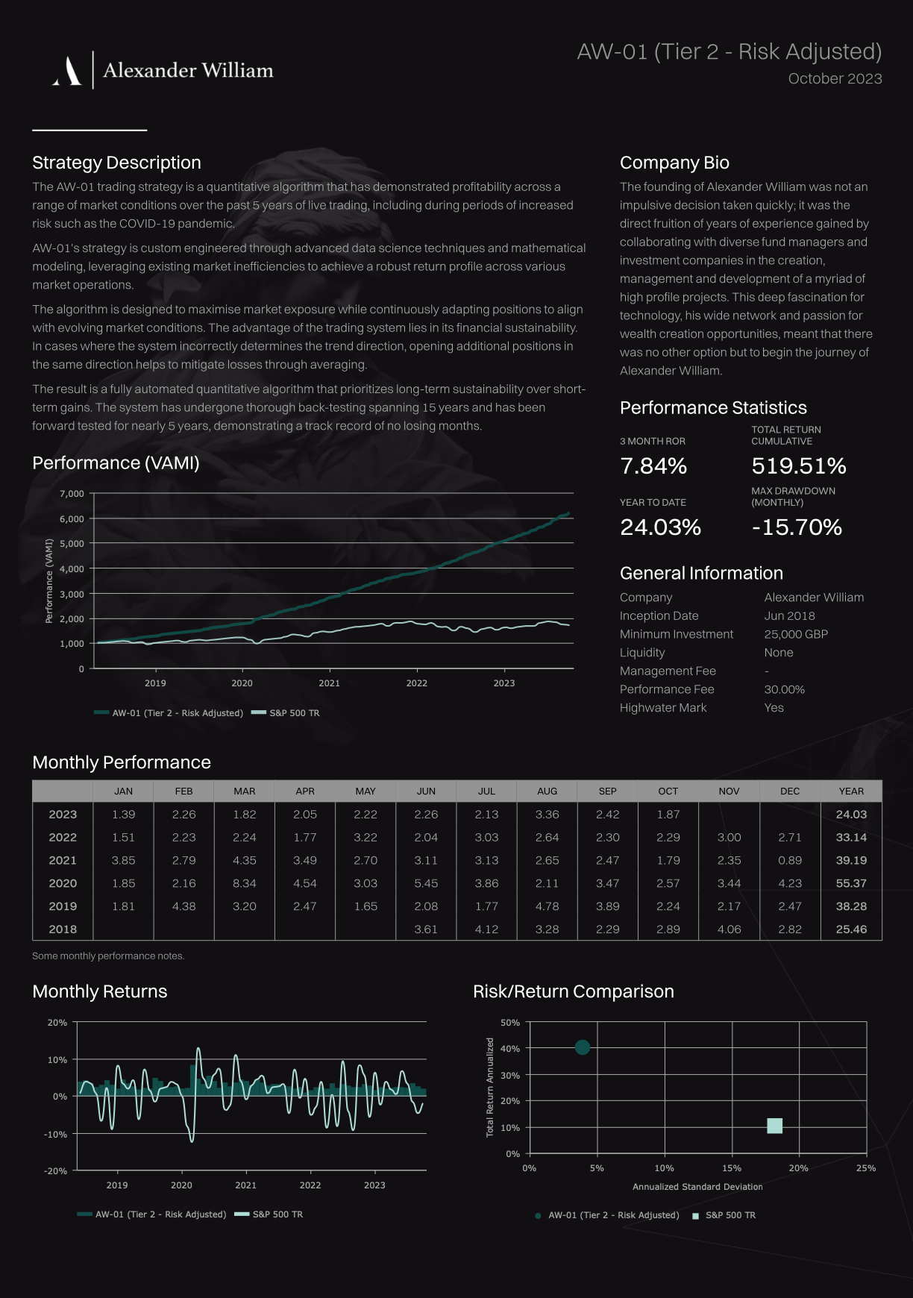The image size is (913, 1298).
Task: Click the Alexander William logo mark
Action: click(67, 71)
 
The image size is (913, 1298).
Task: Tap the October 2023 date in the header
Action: click(835, 79)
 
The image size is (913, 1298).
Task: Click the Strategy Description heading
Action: click(116, 163)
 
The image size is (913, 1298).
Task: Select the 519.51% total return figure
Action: click(799, 466)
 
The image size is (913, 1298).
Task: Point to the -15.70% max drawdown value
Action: click(797, 527)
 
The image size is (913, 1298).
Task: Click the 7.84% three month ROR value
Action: click(653, 466)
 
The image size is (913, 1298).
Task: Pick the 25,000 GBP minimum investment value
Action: click(796, 634)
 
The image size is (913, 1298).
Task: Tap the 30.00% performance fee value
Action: click(784, 689)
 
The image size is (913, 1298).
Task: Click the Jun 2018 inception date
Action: click(789, 615)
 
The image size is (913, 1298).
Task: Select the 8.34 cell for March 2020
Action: click(245, 883)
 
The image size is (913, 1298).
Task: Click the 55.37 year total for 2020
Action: click(851, 883)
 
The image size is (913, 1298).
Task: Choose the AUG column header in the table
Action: click(547, 791)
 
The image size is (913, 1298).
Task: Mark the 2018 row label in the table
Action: click(63, 929)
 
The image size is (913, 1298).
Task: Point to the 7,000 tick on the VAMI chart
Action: click(72, 494)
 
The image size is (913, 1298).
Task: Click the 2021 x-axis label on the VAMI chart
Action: click(329, 683)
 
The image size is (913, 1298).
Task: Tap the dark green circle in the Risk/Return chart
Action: click(583, 1047)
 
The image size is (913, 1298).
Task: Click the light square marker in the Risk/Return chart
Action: click(775, 1126)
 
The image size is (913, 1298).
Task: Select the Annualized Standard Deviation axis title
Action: click(697, 1187)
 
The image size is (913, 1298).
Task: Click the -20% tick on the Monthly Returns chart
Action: click(56, 1171)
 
